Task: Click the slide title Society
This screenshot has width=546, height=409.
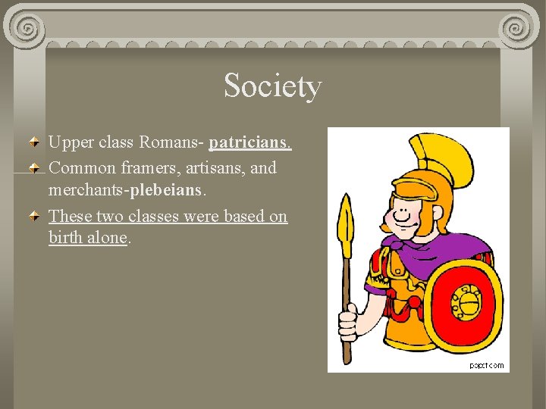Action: [x=272, y=86]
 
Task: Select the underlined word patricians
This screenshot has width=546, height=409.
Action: [x=250, y=143]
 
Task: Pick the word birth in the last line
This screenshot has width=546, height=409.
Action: [x=66, y=238]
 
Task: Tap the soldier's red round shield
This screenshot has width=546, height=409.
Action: [x=463, y=302]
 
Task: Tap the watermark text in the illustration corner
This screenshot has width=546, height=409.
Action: [x=485, y=365]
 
